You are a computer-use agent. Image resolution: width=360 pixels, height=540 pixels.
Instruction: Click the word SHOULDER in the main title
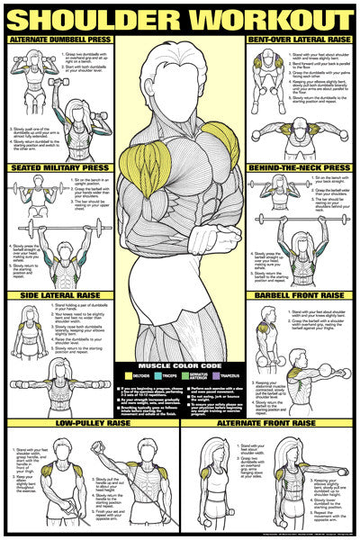coord(99,17)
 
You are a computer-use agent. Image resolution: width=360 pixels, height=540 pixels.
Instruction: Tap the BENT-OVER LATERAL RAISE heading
coord(301,40)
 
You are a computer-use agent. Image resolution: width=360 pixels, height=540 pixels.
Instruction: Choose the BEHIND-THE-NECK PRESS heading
coord(301,167)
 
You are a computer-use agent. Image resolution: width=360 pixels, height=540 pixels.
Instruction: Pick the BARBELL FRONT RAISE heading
coord(301,294)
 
